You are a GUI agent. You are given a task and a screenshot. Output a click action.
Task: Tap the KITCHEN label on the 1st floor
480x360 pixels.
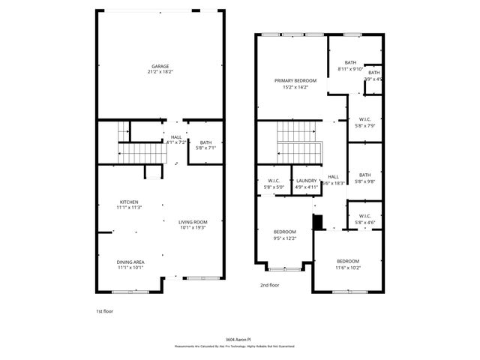coord(129,202)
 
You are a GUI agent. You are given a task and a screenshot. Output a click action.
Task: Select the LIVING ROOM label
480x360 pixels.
coord(192,222)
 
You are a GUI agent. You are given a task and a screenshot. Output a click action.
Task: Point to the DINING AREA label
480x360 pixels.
coord(130,262)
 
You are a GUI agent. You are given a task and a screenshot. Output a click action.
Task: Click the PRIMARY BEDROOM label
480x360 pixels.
coord(295,80)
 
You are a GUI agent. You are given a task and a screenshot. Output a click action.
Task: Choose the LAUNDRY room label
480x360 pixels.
coord(305,180)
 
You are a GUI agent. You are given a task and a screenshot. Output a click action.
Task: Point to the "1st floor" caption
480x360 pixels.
coord(105,310)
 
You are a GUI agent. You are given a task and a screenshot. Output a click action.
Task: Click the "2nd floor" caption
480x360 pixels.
coord(269,285)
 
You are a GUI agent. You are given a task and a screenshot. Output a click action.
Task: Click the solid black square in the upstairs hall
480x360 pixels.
coord(317,223)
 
